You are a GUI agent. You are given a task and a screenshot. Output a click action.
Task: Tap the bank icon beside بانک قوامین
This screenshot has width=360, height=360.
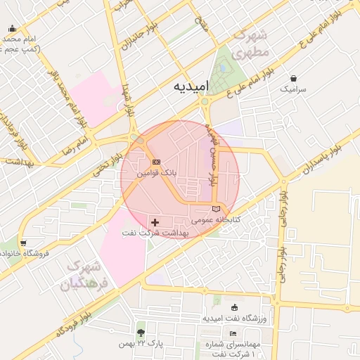(156, 161)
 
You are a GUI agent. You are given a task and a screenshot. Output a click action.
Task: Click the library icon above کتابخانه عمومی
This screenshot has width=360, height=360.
(216, 209)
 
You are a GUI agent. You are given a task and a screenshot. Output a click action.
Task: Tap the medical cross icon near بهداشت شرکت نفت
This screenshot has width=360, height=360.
(155, 222)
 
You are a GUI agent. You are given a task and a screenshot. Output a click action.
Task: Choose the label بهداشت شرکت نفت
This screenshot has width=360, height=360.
(167, 232)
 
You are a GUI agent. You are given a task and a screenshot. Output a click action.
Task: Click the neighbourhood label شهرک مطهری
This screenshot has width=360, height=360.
(250, 44)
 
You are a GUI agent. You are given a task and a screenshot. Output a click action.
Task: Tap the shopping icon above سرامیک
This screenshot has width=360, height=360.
(293, 78)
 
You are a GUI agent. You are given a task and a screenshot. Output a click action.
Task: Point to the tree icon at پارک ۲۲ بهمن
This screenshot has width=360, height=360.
(141, 333)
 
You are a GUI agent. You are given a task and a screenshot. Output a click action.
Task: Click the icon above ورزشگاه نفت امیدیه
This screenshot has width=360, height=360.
(234, 307)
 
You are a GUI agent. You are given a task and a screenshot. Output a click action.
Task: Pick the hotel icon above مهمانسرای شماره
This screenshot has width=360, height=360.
(233, 333)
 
